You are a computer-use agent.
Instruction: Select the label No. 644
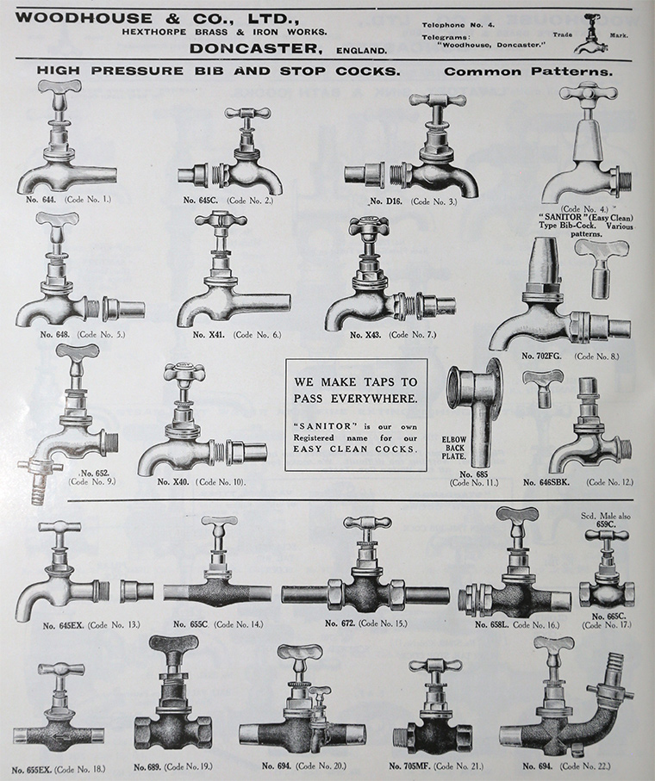41,199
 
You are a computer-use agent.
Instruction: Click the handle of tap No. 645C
247,113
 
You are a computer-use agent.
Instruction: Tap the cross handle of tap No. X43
368,226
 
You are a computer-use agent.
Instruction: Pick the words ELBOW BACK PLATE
454,448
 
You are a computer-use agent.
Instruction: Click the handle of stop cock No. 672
367,523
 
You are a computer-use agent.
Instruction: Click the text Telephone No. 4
458,25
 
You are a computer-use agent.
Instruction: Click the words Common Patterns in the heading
528,71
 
